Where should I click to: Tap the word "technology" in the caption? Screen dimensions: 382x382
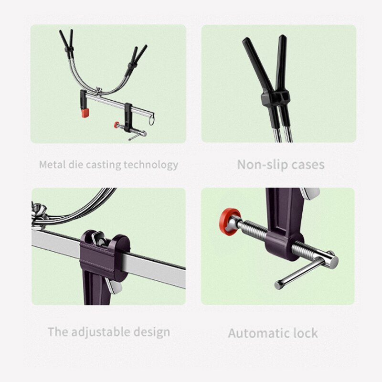(x=151, y=165)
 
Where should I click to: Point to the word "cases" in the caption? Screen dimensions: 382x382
(x=308, y=165)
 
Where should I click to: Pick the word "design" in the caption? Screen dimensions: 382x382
(x=152, y=332)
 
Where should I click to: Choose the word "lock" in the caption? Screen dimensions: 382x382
(x=306, y=333)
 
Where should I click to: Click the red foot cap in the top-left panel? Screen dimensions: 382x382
(x=85, y=113)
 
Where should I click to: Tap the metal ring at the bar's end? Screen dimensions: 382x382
(x=151, y=120)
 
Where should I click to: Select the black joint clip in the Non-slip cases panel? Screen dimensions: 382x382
(x=276, y=99)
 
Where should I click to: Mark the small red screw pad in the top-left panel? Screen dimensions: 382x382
(x=117, y=125)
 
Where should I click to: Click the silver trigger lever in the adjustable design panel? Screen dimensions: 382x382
(x=115, y=286)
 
